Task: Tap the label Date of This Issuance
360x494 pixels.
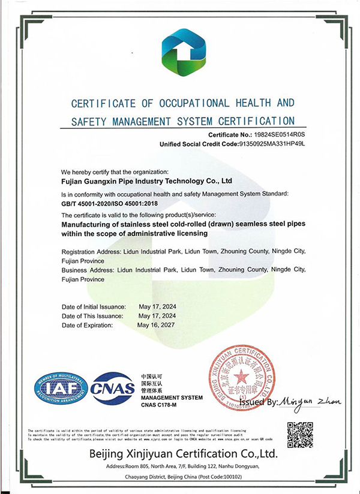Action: [93, 315]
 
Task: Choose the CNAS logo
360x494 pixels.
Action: [113, 388]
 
